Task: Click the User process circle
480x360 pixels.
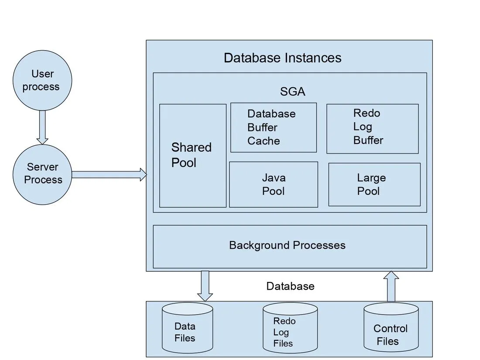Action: point(42,80)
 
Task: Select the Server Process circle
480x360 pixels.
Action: point(42,174)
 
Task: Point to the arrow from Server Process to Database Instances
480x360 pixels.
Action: point(109,175)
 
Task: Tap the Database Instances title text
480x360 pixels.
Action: point(282,58)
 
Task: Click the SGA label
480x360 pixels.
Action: point(292,92)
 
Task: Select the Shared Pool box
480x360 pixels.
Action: point(192,155)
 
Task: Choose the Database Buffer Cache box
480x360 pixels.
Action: point(274,127)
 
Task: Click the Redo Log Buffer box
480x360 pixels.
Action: point(372,128)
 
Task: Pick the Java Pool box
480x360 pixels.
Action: point(274,184)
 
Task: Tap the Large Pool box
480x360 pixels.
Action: point(374,184)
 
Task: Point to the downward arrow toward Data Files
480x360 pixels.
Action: point(205,285)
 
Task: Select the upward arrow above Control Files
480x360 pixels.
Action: point(391,286)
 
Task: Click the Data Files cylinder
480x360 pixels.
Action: point(187,329)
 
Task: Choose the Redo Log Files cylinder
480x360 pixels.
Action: point(290,329)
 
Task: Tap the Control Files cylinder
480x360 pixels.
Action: point(391,330)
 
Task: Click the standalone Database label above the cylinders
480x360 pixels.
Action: point(290,286)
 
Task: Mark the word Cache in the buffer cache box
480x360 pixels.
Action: point(264,141)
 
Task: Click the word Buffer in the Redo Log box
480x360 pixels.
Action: point(368,141)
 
